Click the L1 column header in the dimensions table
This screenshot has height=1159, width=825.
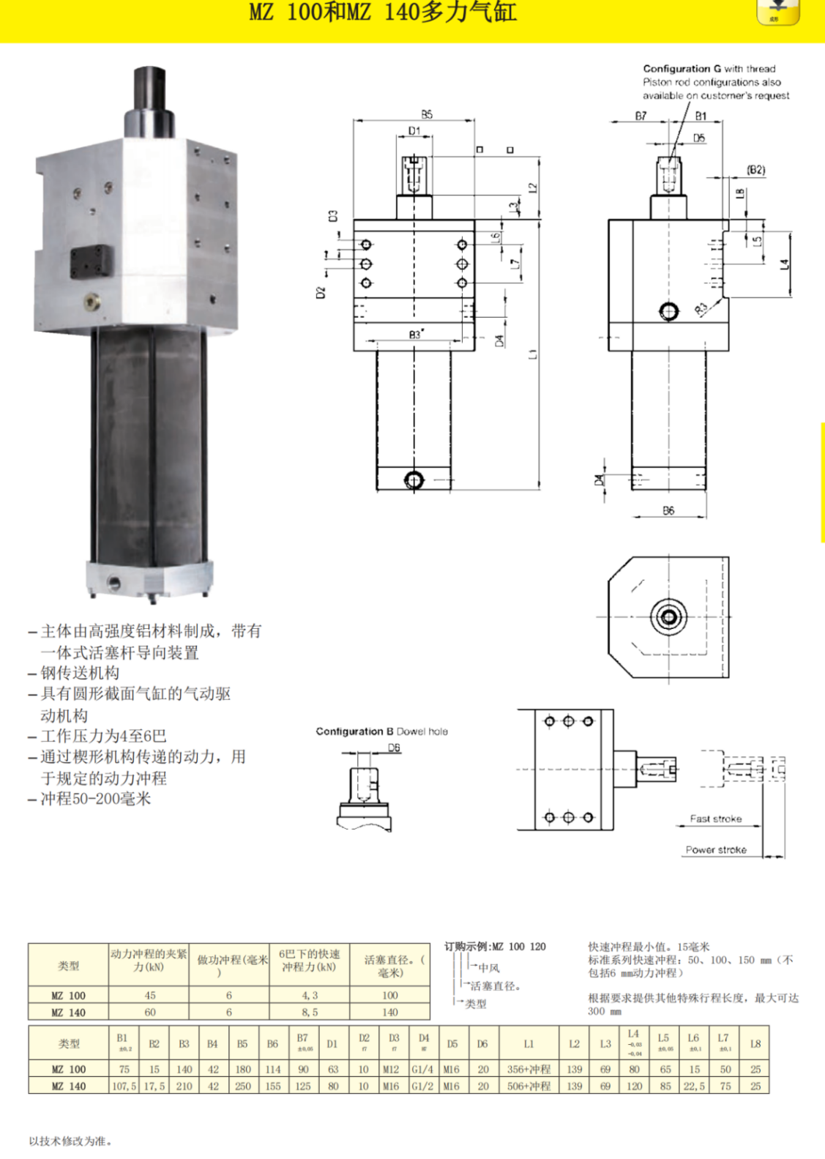point(529,1044)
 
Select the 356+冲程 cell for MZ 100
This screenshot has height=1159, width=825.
point(529,1070)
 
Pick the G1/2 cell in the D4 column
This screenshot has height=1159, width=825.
point(422,1087)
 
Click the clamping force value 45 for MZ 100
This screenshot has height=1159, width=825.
point(149,996)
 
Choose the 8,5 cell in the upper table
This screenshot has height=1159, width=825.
point(310,1013)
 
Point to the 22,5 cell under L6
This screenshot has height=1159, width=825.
point(693,1087)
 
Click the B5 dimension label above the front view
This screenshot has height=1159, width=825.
point(427,114)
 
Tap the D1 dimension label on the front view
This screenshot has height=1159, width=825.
point(414,131)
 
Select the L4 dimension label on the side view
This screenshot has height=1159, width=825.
point(784,264)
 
